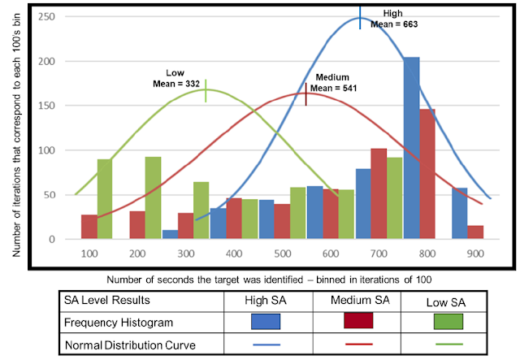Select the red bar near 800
coord(427,174)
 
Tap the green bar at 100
coord(105,199)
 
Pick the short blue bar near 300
coord(169,235)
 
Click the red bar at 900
coord(475,232)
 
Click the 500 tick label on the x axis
coord(282,254)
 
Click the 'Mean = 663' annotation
coord(393,24)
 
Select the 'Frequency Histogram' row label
coord(116,322)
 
